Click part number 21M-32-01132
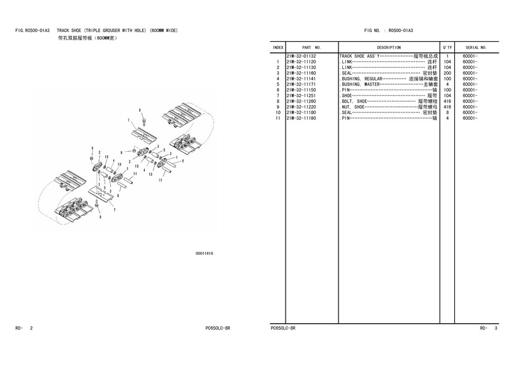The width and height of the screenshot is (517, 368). tap(301, 57)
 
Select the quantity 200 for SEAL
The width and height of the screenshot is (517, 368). tap(447, 73)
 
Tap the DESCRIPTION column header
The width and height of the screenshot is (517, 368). tap(389, 47)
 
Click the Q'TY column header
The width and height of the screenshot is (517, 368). tap(447, 47)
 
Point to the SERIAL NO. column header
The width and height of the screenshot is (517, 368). tap(476, 47)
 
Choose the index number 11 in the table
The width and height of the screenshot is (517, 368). tap(278, 118)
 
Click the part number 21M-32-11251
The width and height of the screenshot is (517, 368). tap(301, 95)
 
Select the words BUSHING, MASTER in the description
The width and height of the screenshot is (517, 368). tap(361, 84)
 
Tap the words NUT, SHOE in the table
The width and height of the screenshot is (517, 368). tap(353, 107)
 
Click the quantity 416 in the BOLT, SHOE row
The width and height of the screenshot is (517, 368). tap(447, 101)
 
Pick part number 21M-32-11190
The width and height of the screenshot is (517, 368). tap(301, 118)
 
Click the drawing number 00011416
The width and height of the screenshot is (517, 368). tap(204, 254)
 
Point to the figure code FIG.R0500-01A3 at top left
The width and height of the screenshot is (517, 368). tap(32, 31)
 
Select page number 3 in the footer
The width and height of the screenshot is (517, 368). tap(495, 328)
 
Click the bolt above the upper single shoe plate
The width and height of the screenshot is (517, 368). tap(144, 121)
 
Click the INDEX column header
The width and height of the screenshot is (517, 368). tap(278, 47)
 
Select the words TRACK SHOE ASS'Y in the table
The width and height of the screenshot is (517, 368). tap(359, 57)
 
